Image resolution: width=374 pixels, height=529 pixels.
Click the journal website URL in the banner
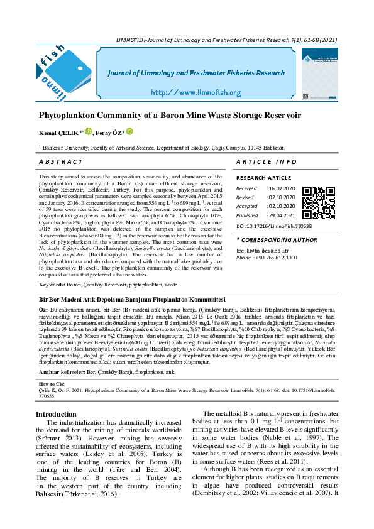pos(195,92)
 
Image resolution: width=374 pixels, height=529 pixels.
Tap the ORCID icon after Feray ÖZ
pos(130,132)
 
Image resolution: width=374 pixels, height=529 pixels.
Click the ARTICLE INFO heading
pos(267,162)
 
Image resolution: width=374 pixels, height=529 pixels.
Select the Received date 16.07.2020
pos(282,188)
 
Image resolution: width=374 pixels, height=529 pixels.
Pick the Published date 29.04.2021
pos(282,215)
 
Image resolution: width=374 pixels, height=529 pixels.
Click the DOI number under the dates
pos(274,226)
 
